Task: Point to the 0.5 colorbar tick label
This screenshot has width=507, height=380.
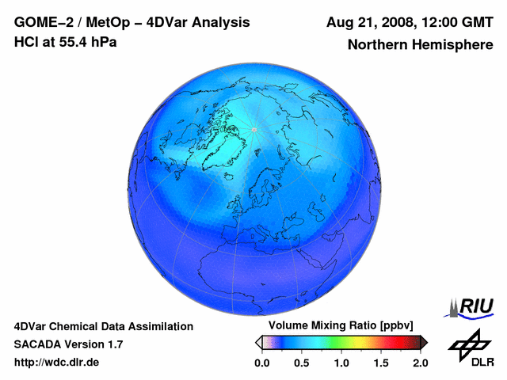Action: pyautogui.click(x=301, y=363)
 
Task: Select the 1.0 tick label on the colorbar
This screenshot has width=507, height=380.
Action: pyautogui.click(x=341, y=363)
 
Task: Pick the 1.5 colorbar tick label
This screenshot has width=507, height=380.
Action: pyautogui.click(x=380, y=363)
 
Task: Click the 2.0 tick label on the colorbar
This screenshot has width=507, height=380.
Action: pyautogui.click(x=420, y=363)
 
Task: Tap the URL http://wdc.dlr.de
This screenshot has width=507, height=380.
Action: pyautogui.click(x=57, y=363)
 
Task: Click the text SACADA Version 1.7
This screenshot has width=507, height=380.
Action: pyautogui.click(x=68, y=344)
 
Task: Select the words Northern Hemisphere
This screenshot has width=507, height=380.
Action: pyautogui.click(x=420, y=45)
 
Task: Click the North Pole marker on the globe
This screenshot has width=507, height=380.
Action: pyautogui.click(x=254, y=129)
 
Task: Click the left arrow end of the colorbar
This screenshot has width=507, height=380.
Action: pyautogui.click(x=258, y=343)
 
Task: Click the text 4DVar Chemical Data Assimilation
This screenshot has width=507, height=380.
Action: pyautogui.click(x=104, y=326)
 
